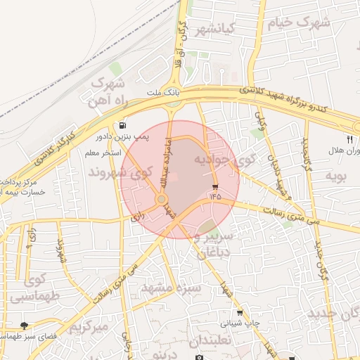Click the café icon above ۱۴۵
click(x=214, y=187)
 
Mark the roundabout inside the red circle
click(x=162, y=200)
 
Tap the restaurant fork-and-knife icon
click(x=349, y=139)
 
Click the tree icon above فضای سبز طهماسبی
click(x=25, y=326)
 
